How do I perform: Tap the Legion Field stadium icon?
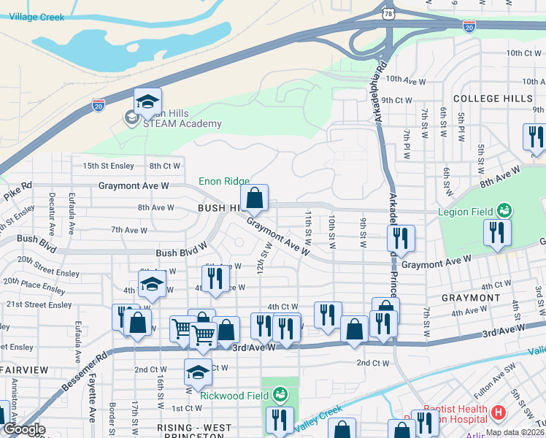tap(502, 211)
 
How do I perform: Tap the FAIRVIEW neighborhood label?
tap(23, 371)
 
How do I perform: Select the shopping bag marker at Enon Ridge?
tap(254, 199)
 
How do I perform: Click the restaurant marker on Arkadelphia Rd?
tap(401, 239)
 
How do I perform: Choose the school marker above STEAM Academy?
tap(147, 102)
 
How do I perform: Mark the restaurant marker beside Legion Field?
tap(496, 234)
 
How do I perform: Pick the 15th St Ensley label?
tap(109, 166)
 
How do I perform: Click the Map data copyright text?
tap(514, 432)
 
